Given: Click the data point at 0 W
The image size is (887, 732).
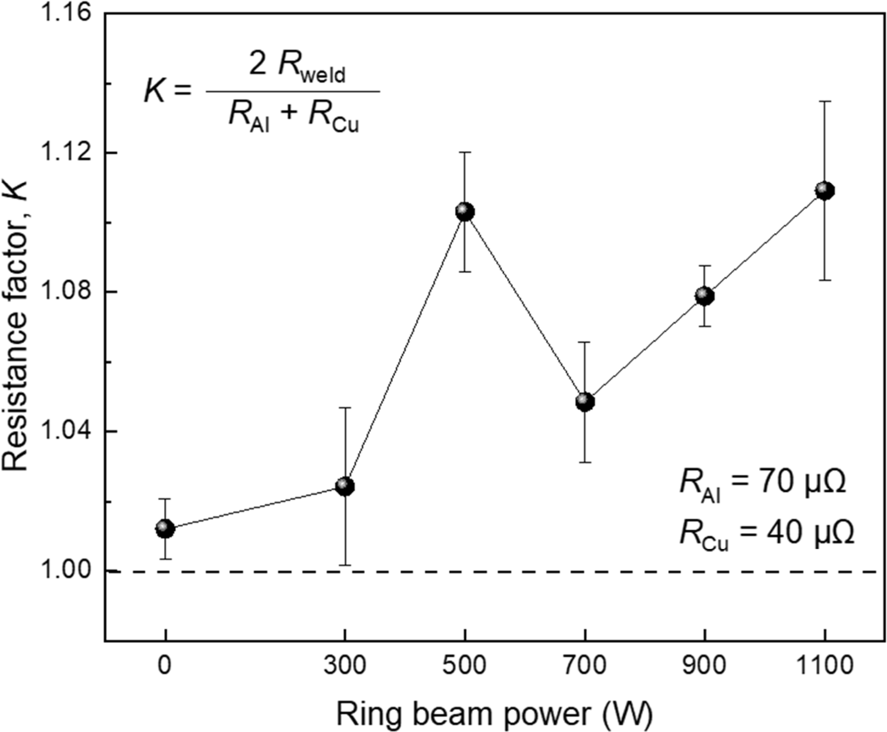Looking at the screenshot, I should (x=165, y=529).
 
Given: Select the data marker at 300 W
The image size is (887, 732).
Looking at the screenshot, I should (x=345, y=486).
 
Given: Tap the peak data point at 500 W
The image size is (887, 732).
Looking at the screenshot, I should (x=465, y=212).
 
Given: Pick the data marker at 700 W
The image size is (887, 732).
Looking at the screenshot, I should (x=585, y=402).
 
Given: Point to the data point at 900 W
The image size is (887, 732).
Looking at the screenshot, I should (x=705, y=296).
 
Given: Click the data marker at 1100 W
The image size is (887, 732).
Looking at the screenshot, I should (x=825, y=191).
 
